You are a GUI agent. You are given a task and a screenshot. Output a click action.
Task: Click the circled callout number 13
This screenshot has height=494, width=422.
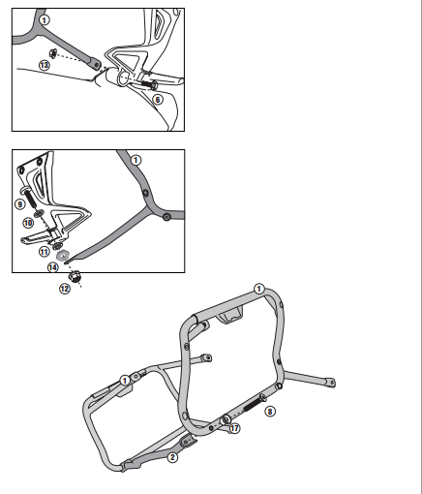(45, 65)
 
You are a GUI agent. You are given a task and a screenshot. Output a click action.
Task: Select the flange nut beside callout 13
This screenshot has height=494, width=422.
(53, 53)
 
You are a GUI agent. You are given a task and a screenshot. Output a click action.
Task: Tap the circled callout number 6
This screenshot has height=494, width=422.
(158, 100)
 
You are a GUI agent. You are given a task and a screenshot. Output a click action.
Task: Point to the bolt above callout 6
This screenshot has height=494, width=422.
(149, 85)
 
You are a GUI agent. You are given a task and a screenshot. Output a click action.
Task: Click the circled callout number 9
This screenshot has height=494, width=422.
(20, 204)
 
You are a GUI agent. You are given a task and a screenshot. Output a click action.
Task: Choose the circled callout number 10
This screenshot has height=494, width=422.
(28, 223)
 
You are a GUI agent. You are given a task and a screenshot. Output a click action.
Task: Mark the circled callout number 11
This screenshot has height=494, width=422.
(45, 252)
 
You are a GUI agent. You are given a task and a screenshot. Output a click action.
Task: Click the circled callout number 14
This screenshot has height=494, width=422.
(53, 267)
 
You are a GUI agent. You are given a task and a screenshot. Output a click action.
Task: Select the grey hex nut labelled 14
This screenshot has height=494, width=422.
(62, 256)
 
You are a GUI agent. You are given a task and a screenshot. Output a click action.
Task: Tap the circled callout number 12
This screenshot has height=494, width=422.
(65, 289)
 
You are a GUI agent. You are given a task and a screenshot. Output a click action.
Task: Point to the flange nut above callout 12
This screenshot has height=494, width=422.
(75, 277)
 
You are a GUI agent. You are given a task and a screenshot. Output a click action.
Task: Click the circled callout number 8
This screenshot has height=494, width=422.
(270, 412)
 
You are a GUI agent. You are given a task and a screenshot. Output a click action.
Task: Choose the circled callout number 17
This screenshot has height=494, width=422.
(234, 428)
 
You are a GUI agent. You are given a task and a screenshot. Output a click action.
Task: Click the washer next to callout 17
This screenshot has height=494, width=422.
(226, 420)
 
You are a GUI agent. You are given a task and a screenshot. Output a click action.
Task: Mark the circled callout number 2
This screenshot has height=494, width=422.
(172, 457)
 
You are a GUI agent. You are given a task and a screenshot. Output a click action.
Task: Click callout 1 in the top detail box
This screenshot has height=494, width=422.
(45, 20)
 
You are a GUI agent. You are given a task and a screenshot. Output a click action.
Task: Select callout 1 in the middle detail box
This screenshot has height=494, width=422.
(136, 160)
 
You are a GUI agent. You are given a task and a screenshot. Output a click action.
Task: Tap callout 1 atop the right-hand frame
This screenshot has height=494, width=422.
(259, 289)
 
